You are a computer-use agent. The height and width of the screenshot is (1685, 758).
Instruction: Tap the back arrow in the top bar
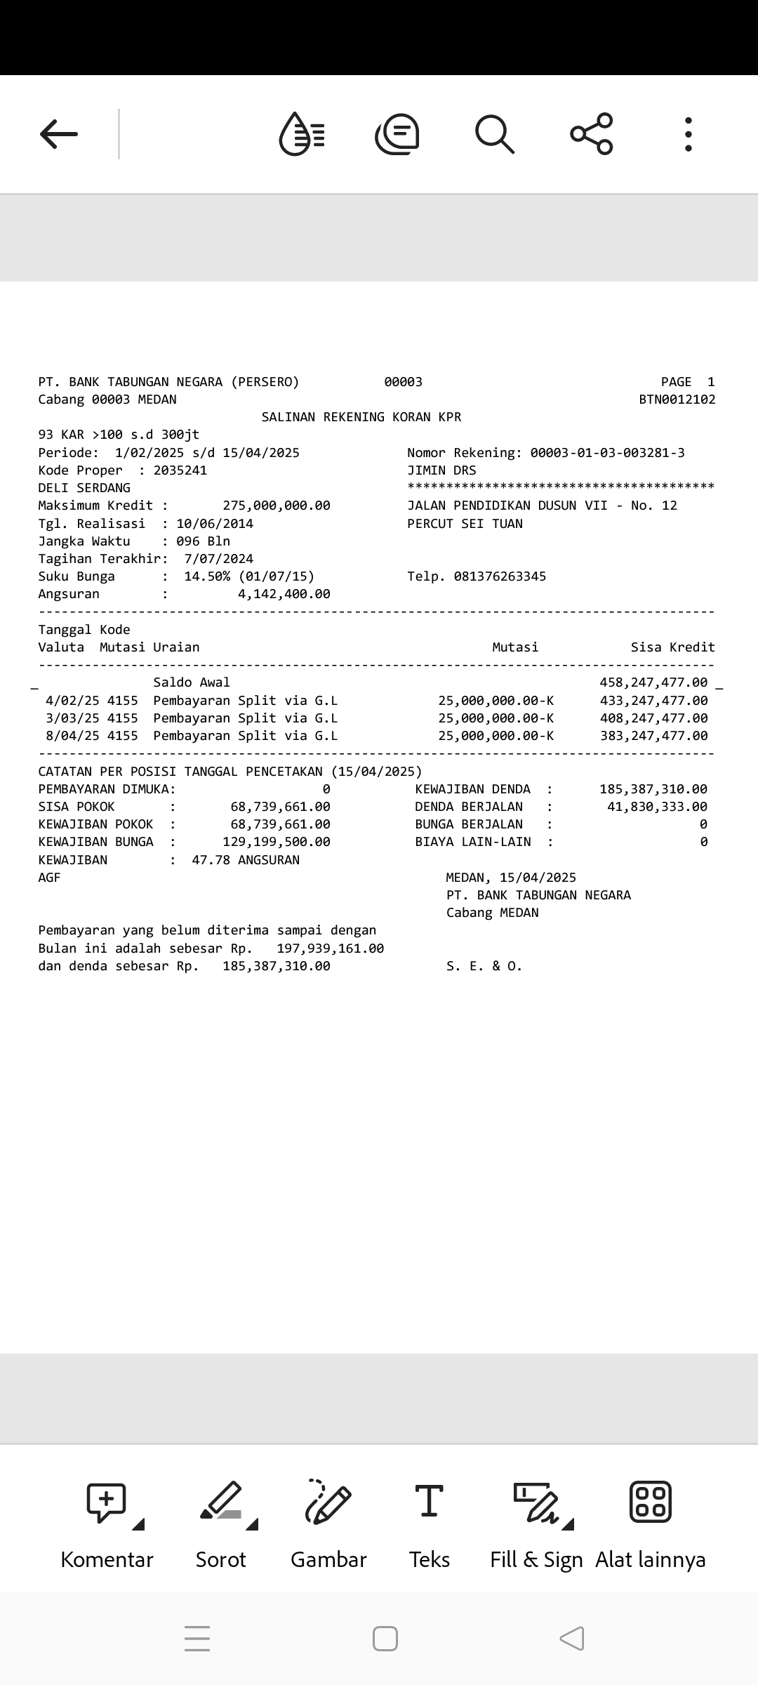click(x=59, y=133)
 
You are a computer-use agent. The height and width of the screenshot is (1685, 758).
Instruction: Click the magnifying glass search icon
click(x=495, y=133)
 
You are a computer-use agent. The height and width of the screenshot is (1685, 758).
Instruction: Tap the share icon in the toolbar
click(x=592, y=133)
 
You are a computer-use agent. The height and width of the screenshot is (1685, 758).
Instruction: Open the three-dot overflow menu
click(x=689, y=133)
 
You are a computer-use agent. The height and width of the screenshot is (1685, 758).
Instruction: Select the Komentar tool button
click(x=107, y=1502)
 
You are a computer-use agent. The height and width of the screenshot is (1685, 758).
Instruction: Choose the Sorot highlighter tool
click(x=221, y=1502)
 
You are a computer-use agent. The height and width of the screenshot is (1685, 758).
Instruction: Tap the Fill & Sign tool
click(x=537, y=1502)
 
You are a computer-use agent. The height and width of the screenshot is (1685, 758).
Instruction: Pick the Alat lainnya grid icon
click(x=651, y=1502)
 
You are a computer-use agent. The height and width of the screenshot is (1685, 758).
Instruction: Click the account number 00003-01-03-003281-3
click(x=607, y=453)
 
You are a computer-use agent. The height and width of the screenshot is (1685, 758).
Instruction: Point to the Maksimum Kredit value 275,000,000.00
click(x=277, y=505)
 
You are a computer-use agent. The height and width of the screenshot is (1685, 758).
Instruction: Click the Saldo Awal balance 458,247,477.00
click(x=653, y=682)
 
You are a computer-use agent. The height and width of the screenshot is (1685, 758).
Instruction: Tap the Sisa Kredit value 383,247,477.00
click(x=653, y=736)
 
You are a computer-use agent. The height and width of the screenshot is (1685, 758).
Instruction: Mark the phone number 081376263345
click(x=500, y=576)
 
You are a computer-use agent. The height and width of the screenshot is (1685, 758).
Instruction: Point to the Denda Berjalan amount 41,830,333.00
click(x=657, y=807)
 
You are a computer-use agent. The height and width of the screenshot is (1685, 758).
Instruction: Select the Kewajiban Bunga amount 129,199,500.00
click(x=277, y=842)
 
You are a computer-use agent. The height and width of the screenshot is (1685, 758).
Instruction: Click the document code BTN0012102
click(x=677, y=399)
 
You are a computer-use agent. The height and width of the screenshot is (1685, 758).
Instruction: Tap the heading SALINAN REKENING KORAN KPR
click(x=361, y=417)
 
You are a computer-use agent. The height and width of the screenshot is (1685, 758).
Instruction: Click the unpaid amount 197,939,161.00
click(x=330, y=949)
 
